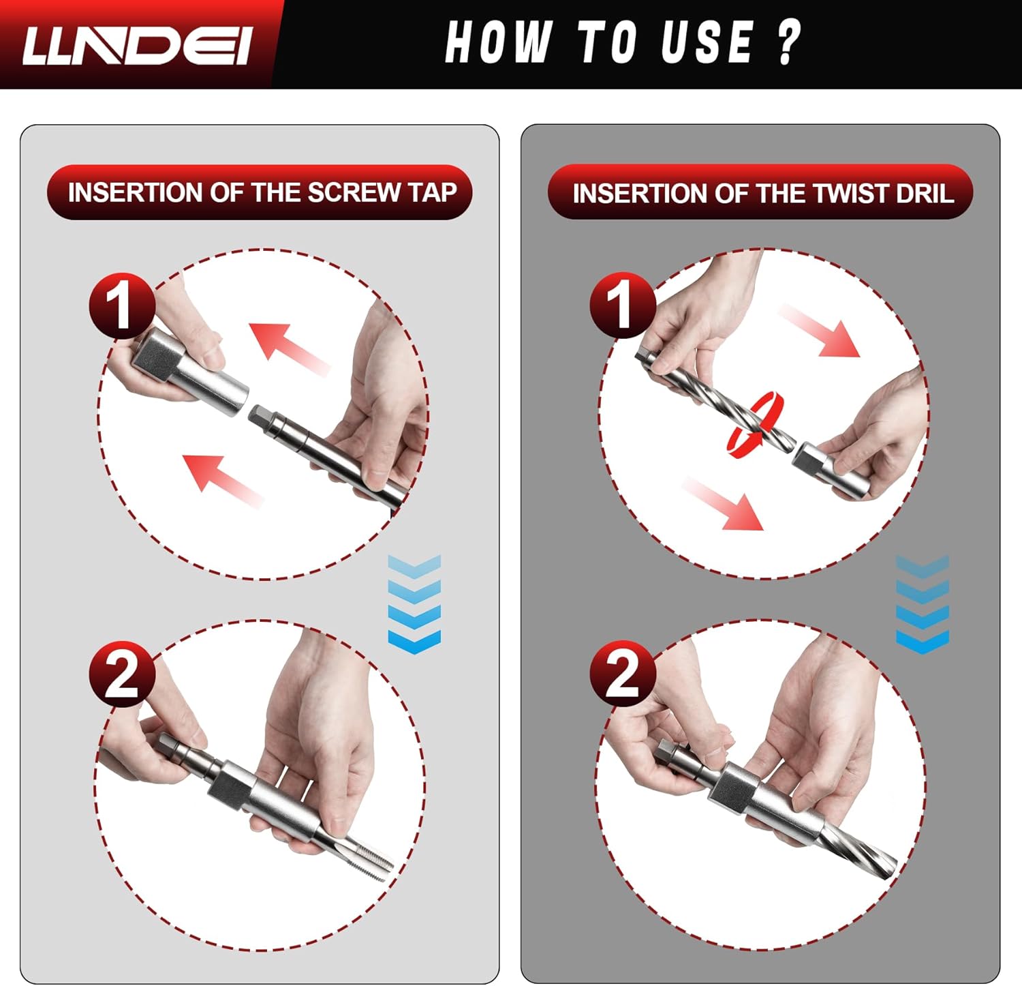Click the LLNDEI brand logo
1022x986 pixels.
coord(137,45)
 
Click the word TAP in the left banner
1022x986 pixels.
coord(433,192)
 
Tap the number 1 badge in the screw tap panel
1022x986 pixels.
coord(121,305)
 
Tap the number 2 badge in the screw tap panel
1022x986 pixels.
coord(122,674)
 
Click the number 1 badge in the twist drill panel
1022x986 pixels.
coord(622,305)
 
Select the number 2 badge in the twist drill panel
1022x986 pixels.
coord(622,674)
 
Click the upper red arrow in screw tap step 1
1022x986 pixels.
coord(289,348)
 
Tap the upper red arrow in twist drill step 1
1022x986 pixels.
coord(820,331)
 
